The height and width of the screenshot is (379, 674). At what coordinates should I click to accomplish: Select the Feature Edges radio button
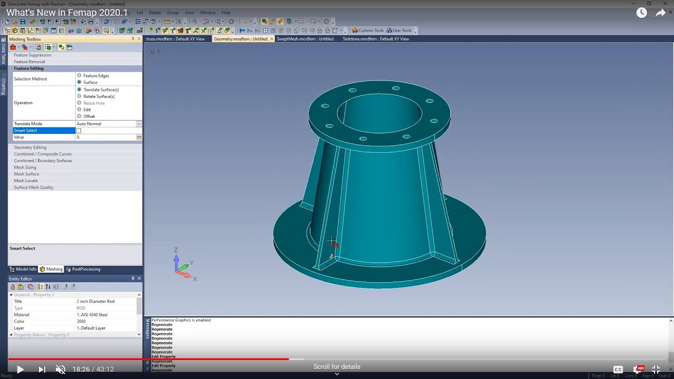click(80, 76)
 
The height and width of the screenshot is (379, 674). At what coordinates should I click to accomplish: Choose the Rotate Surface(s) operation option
click(80, 96)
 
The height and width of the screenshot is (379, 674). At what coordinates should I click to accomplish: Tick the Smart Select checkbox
click(79, 131)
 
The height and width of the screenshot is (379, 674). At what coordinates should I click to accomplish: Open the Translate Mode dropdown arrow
click(139, 124)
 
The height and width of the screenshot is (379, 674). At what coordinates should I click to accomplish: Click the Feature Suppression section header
click(33, 55)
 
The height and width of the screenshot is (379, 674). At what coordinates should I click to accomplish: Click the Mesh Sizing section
click(25, 167)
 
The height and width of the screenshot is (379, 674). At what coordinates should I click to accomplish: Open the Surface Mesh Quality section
click(34, 187)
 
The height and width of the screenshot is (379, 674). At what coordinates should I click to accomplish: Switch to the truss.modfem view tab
click(175, 39)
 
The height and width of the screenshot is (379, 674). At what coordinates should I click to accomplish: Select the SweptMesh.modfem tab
click(305, 39)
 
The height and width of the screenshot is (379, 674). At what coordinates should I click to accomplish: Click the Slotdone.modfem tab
click(375, 39)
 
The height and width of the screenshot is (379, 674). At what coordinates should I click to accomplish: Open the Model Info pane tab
click(24, 269)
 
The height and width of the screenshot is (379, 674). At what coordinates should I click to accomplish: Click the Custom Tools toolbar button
click(368, 31)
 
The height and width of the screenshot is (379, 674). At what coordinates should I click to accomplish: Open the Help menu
click(226, 13)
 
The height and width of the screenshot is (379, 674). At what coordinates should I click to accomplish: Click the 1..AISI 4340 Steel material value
click(92, 315)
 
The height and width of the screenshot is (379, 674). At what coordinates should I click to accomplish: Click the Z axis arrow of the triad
click(176, 258)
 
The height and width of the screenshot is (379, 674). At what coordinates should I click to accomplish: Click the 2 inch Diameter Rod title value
click(95, 302)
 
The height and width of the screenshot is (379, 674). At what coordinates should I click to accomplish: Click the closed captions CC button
click(618, 370)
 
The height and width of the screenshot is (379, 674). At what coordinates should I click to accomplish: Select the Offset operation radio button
click(80, 116)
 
